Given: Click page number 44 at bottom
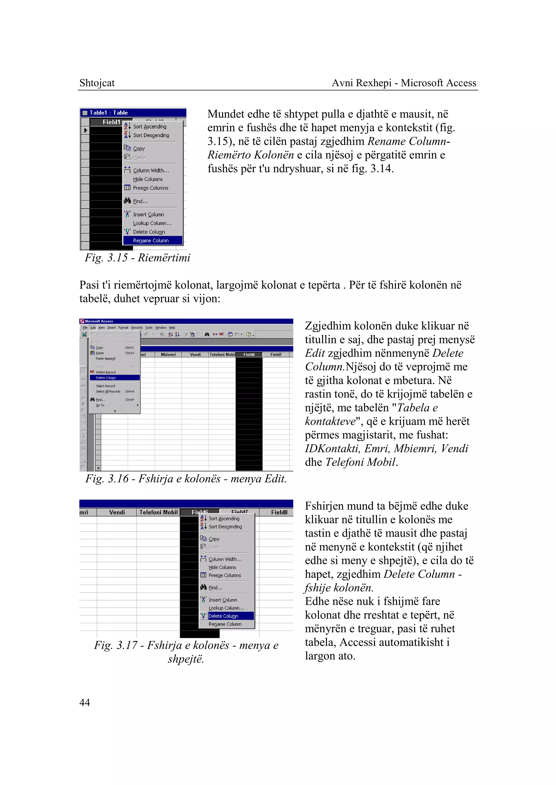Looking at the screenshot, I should tap(84, 702).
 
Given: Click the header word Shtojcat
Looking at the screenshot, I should tap(97, 83).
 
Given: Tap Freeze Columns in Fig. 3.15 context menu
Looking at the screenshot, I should tap(151, 188).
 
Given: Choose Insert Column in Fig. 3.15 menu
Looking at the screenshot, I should tap(149, 215).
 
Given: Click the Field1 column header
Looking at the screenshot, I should tap(111, 122).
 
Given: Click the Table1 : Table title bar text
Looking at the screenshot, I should tap(109, 113).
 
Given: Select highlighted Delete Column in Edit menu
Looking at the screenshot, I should tap(106, 378).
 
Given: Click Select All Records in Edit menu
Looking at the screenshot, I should tap(108, 391).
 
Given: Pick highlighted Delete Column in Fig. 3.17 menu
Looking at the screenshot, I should tap(223, 616).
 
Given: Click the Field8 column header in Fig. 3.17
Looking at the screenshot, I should tap(279, 512).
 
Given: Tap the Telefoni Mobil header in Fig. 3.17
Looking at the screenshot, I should tap(158, 512).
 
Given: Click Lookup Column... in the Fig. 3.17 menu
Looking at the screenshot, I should tap(226, 608).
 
